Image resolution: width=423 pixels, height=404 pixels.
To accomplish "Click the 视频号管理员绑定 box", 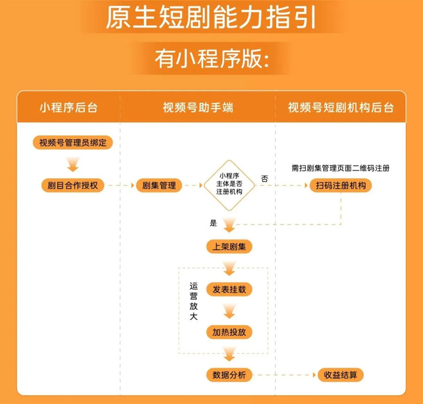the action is point(72,143).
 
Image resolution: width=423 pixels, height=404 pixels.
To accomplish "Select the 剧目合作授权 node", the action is point(72,185).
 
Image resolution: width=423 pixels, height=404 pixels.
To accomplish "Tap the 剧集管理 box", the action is point(159,185).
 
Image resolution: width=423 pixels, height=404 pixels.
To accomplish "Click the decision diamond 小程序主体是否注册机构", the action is point(229,185).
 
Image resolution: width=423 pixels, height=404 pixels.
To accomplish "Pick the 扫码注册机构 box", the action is point(341,185).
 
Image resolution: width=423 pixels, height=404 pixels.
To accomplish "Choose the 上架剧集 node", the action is point(229,246).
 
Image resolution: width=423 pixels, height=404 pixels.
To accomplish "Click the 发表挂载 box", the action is point(229,289).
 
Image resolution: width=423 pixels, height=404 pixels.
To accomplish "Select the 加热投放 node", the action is point(229,332).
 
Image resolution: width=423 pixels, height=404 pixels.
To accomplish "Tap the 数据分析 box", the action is point(229,375).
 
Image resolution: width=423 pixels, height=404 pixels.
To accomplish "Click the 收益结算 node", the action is point(341,375).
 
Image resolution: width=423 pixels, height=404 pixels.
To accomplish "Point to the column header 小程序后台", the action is point(69,107).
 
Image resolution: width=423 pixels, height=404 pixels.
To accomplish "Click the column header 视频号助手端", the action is point(198,107).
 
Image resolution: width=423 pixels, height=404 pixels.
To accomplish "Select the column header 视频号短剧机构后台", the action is point(341,107).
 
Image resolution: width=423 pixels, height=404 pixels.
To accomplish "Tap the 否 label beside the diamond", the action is point(265,179).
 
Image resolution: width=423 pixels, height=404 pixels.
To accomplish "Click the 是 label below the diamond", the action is point(213,223).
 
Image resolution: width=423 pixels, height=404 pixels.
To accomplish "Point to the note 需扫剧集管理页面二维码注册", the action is point(341,168).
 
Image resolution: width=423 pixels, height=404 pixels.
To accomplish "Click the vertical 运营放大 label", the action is point(194,301).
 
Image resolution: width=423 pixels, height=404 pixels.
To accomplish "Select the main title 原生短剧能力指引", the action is point(211,17).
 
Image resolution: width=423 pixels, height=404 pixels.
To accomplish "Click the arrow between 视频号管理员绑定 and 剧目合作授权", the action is point(73,164).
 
